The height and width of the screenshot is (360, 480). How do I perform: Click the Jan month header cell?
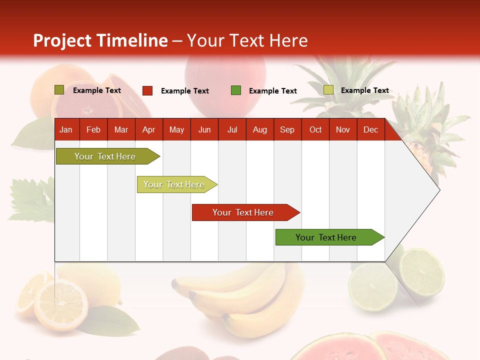(66, 129)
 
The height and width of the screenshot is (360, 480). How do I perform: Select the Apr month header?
(149, 129)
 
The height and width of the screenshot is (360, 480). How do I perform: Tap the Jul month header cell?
(232, 129)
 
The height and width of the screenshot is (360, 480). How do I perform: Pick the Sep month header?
(287, 129)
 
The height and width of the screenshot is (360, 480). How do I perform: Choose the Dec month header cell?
(370, 129)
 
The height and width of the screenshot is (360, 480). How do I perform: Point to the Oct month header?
(315, 129)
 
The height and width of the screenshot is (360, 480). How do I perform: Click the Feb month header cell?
(93, 129)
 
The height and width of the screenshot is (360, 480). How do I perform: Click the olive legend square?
(59, 90)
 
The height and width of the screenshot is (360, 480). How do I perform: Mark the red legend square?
(147, 90)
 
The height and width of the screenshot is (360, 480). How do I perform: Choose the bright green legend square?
(236, 90)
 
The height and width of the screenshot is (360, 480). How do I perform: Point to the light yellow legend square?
(328, 90)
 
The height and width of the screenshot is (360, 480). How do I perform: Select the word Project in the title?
(62, 40)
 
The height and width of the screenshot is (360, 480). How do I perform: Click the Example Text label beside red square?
(185, 91)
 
